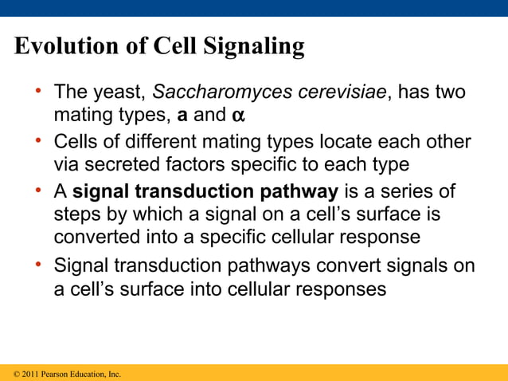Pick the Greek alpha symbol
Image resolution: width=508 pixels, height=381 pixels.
(237, 116)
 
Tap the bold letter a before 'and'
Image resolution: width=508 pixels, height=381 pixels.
(182, 116)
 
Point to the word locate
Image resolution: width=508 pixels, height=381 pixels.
(338, 143)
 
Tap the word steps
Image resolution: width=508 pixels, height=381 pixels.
(76, 216)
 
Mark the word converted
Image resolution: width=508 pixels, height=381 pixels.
(95, 238)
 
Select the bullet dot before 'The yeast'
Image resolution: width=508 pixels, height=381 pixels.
(37, 91)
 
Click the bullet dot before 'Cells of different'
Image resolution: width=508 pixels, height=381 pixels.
(37, 141)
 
